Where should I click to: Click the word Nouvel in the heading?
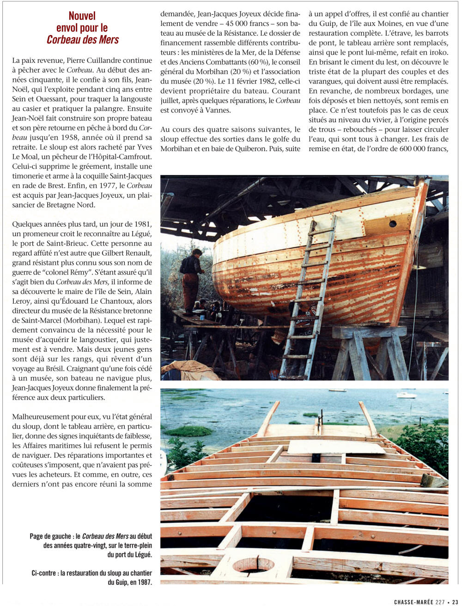tap(82, 17)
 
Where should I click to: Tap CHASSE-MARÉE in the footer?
tap(413, 602)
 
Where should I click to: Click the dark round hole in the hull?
tap(392, 224)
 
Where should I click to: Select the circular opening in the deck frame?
tap(253, 564)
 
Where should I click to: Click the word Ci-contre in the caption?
tap(45, 573)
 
